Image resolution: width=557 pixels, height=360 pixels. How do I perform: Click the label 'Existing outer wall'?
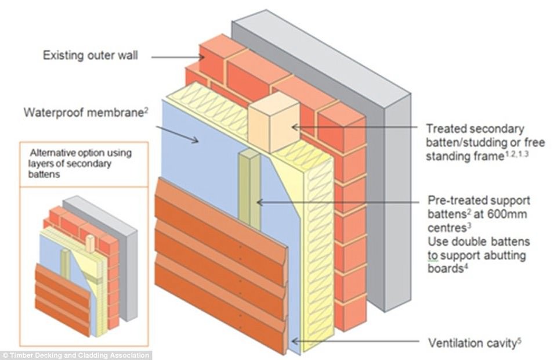90,56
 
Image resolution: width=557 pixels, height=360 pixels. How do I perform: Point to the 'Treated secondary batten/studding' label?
475,134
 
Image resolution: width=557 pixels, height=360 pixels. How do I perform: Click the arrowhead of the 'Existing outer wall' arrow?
202,56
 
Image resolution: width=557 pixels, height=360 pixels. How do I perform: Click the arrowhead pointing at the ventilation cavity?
294,341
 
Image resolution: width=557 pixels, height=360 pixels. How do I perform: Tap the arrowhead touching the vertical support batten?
259,202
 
